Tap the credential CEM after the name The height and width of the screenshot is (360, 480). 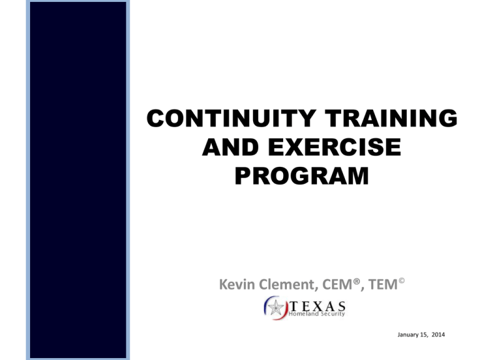pyautogui.click(x=342, y=286)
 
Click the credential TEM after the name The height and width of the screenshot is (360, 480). pyautogui.click(x=383, y=286)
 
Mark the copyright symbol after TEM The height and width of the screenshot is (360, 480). pyautogui.click(x=402, y=281)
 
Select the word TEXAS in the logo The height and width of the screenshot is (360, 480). pyautogui.click(x=316, y=305)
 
